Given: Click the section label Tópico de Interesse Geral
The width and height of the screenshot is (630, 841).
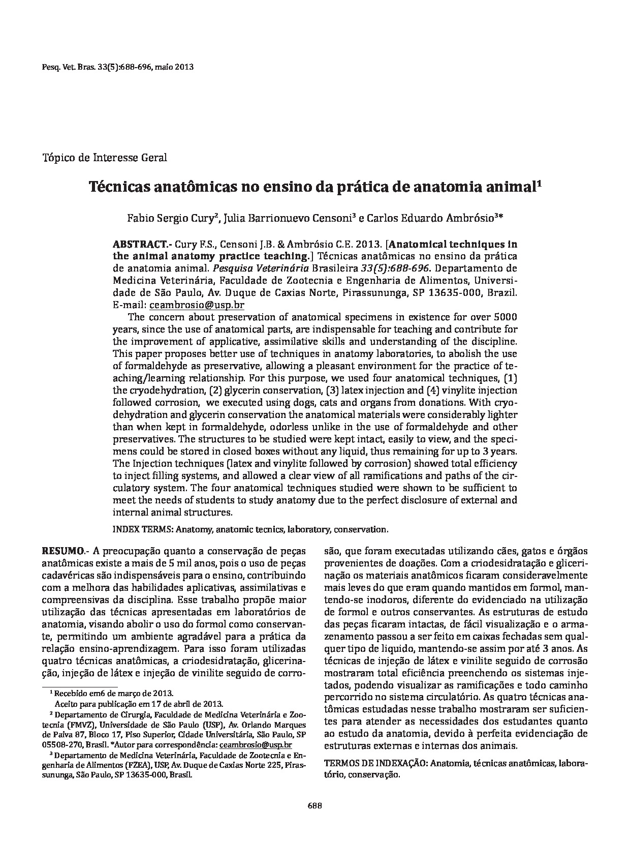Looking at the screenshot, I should pyautogui.click(x=104, y=157).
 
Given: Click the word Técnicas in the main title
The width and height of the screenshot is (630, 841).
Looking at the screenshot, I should pyautogui.click(x=120, y=187).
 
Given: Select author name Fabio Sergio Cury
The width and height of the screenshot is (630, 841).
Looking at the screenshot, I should pyautogui.click(x=172, y=218).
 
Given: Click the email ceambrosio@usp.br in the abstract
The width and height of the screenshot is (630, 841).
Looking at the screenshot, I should pyautogui.click(x=196, y=305).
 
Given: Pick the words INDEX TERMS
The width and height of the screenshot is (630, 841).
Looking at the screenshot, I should pyautogui.click(x=142, y=529).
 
